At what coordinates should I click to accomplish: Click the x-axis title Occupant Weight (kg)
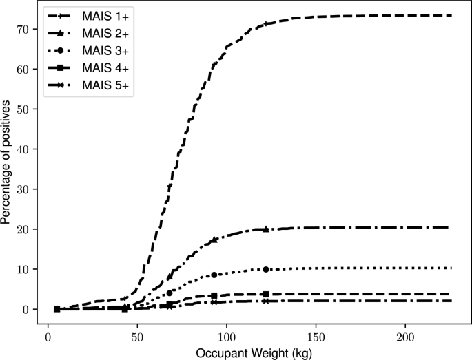pos(253,352)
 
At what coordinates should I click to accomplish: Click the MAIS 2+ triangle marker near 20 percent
pos(265,229)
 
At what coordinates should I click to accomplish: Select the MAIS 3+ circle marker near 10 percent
pos(265,269)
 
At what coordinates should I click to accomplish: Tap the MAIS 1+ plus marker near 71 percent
pos(265,24)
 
